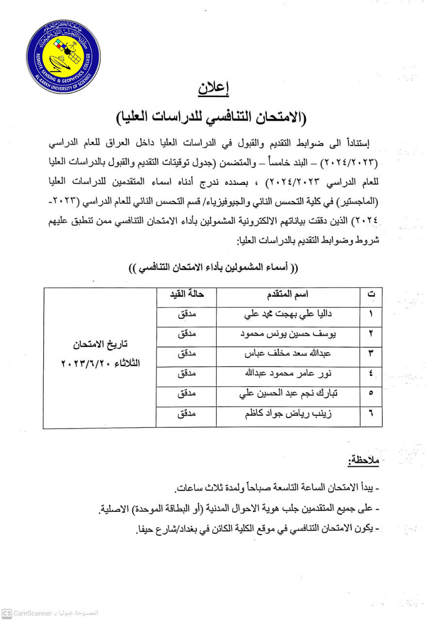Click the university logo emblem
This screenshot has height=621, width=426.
tap(63, 56)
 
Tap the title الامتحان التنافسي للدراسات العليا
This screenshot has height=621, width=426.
tap(213, 117)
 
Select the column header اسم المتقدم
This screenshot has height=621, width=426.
tap(288, 294)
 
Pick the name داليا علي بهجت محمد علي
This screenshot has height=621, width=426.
tap(288, 314)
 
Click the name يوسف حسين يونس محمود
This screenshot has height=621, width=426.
tap(288, 334)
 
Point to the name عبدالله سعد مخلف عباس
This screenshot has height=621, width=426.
tap(288, 354)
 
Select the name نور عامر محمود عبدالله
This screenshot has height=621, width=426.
tap(288, 374)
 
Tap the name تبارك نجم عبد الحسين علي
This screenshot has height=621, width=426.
tap(288, 394)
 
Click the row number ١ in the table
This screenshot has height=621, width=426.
tap(371, 314)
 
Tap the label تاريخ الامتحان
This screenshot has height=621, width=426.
tap(100, 345)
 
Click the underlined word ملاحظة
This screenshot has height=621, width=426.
tap(363, 461)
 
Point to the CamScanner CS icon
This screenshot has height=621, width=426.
tap(6, 613)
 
